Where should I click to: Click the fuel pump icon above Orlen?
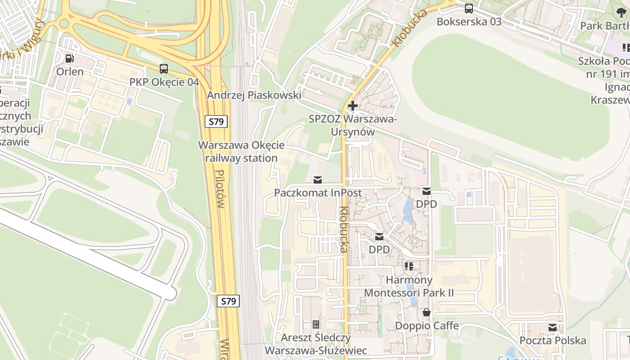tap(69, 58)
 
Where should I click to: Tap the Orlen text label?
tap(70, 72)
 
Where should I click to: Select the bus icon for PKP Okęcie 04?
tap(164, 69)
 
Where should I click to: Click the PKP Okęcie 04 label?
tap(164, 82)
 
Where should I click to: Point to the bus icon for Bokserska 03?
tap(469, 8)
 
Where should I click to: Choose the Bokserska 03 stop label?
tap(469, 22)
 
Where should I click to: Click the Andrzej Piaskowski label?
tap(254, 95)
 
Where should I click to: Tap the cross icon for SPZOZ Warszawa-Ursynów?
tap(353, 106)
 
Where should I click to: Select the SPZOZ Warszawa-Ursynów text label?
tap(353, 126)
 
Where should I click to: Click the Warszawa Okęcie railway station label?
tap(242, 152)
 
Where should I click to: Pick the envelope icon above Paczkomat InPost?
tap(318, 180)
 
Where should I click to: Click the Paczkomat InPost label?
tap(318, 193)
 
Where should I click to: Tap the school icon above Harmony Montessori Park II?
tap(409, 266)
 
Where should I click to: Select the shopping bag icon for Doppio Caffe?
tap(426, 312)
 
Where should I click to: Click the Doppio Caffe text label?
tap(427, 325)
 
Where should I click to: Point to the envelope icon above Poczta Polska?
tap(553, 328)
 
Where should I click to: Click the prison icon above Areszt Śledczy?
tap(316, 324)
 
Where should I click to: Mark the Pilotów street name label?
tap(219, 189)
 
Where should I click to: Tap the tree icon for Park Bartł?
tap(621, 13)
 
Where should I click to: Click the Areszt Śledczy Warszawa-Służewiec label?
tap(316, 344)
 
